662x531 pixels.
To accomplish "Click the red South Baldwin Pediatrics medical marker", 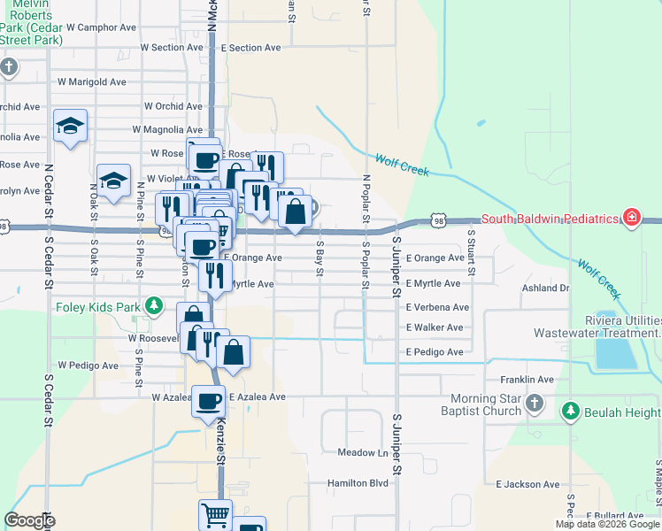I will pos(631,218).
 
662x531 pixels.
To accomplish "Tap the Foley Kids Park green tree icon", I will pos(155,306).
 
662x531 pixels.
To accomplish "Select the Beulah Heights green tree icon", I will pos(570,412).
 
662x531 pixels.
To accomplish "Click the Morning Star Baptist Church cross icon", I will pos(533,404).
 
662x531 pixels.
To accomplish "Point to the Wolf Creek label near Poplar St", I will pos(403,165).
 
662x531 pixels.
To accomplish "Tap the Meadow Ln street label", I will pos(364,452).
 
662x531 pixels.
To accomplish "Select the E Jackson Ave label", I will pos(527,484).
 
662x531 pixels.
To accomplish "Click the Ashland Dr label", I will pos(545,288).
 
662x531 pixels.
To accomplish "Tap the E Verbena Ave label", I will pos(437,307).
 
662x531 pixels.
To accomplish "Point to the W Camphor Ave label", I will pos(85,27).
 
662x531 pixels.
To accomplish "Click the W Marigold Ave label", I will pos(92,81).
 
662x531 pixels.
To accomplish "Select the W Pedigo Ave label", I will pos(88,365).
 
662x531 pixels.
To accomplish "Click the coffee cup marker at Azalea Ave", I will pos(209,401).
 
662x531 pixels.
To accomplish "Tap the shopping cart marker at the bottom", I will pos(214,514).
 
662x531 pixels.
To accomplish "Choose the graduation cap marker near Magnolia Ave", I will pos(70,126).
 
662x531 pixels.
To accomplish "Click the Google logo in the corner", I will pos(29,520).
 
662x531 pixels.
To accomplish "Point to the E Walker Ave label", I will pos(435,327).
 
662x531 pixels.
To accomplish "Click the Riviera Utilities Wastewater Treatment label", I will pos(597,327).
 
